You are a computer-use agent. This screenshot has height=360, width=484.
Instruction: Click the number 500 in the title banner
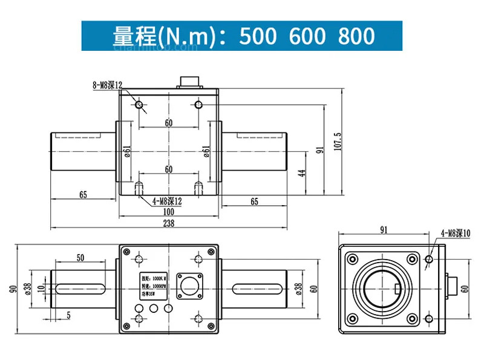click(x=260, y=36)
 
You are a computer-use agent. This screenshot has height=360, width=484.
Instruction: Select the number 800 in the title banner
click(x=357, y=36)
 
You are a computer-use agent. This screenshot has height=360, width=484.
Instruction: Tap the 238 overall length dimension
click(x=169, y=223)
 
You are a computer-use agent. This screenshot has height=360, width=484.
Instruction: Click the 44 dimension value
click(x=301, y=173)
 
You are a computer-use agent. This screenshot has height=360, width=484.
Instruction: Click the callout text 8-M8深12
click(x=107, y=87)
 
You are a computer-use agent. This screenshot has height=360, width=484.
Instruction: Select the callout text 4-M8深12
click(x=167, y=200)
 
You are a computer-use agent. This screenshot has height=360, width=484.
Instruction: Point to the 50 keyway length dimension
click(x=80, y=257)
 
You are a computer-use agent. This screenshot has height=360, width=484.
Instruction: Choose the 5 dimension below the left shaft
click(x=68, y=315)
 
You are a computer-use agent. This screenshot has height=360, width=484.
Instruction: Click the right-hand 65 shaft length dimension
click(x=254, y=201)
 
